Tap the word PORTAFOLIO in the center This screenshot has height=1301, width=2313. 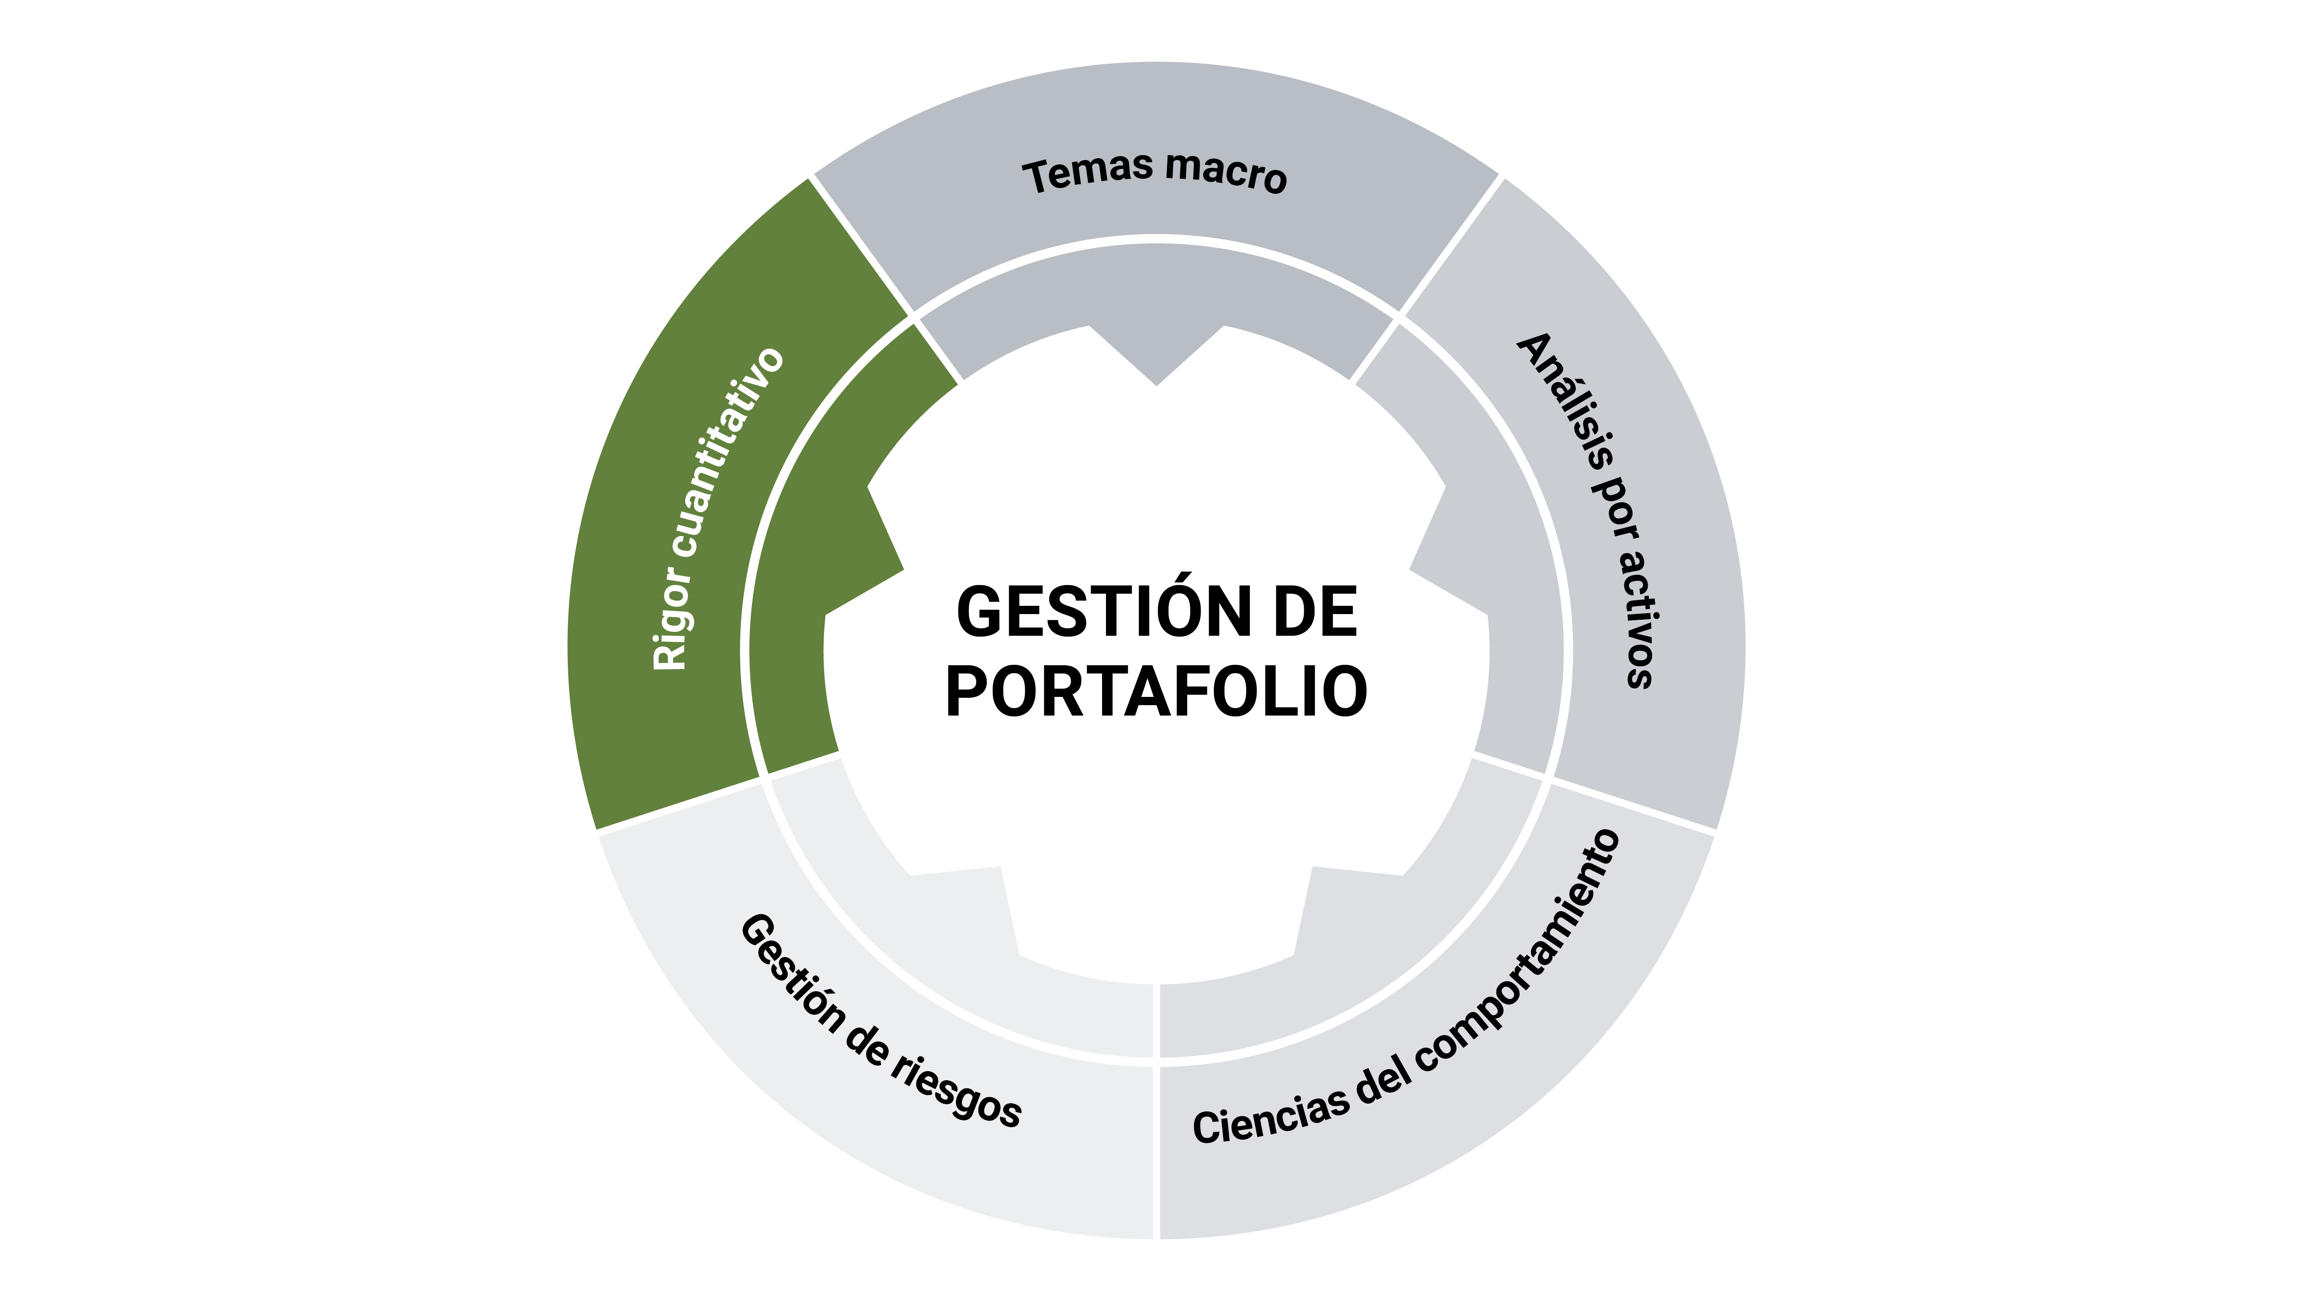click(1156, 692)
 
